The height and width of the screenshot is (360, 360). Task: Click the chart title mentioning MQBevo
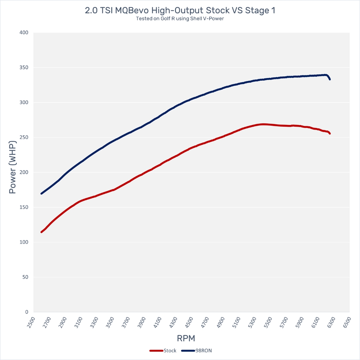[x=180, y=10]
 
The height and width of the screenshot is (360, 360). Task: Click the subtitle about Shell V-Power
[x=180, y=19]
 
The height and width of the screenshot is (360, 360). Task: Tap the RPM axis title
[x=186, y=338]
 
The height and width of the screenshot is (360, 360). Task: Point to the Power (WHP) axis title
[x=12, y=172]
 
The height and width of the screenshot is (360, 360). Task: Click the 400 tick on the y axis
[x=24, y=33]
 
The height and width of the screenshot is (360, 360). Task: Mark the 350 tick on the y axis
[x=24, y=68]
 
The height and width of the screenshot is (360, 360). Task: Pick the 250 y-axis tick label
[x=24, y=137]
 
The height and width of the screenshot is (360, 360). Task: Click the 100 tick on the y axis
[x=24, y=242]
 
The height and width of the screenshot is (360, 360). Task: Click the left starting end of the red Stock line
[x=41, y=232]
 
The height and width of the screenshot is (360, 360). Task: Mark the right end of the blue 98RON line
[x=330, y=79]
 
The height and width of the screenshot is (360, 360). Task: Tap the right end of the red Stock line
[x=330, y=133]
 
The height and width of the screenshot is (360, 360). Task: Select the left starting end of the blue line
[x=41, y=194]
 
